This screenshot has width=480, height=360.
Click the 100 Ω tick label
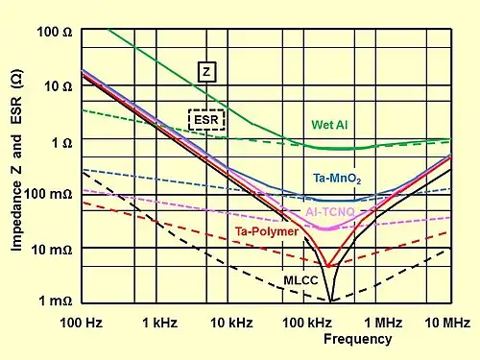pos(55,32)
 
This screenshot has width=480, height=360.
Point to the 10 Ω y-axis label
pos(59,86)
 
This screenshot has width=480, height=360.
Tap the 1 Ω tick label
pos(62,143)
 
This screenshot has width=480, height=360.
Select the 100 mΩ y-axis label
pos(48,194)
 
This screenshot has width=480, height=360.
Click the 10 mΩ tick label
pos(52,250)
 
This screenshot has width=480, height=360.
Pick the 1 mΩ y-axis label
pos(56,300)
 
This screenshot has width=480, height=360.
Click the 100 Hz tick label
pos(82,323)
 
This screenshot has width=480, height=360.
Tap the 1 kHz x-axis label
pos(159,323)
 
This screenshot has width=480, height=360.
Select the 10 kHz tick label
pos(231,323)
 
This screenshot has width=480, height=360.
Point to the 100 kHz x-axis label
pos(307,323)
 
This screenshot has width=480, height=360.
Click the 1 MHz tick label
pos(383,323)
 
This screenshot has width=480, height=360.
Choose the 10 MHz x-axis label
pos(447,323)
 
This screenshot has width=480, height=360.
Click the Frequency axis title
pos(358,339)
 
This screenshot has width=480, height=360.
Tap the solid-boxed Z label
pos(206,72)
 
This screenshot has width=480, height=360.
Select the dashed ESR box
pos(206,120)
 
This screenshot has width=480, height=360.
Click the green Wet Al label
pos(329,125)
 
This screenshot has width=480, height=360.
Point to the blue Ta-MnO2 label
pos(337,179)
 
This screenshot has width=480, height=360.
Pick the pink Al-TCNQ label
pos(330,212)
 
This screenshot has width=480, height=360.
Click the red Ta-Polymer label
pos(267,231)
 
